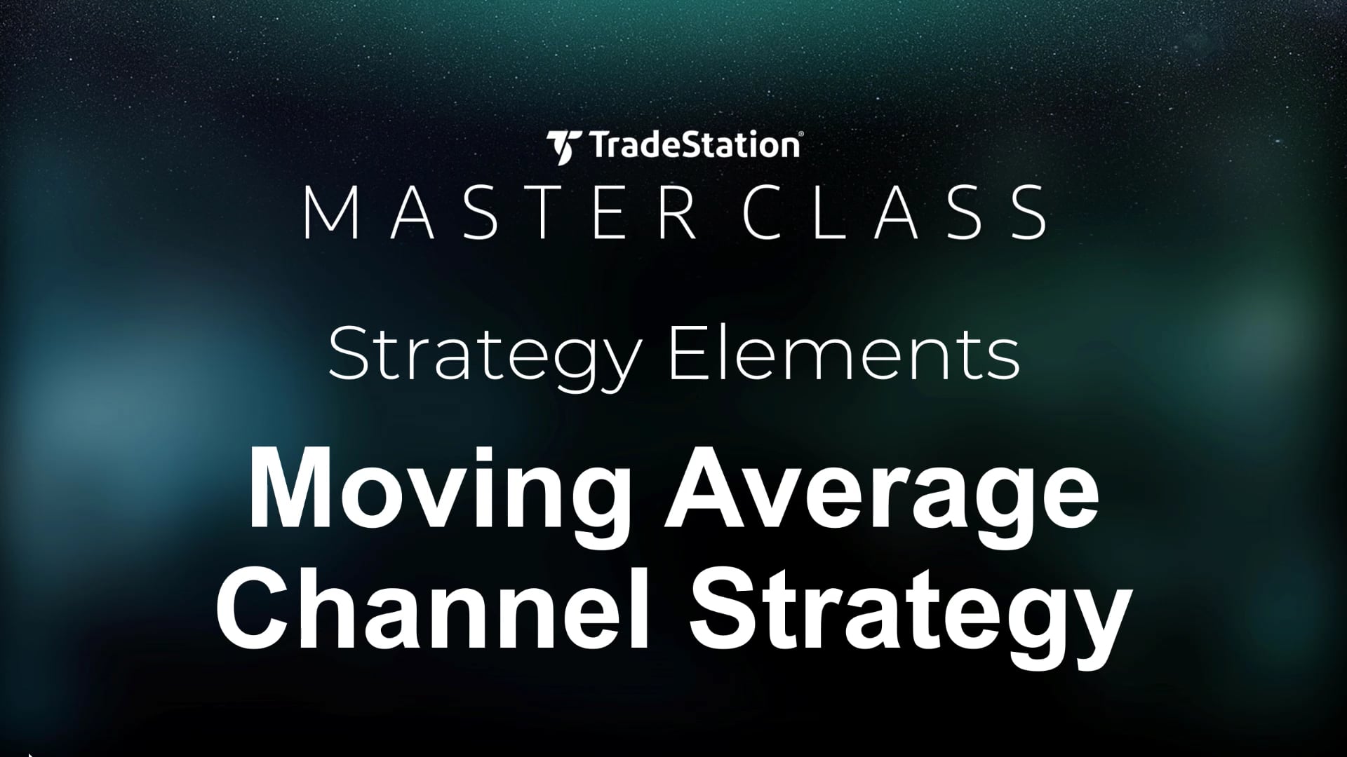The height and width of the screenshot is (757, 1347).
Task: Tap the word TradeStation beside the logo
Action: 688,146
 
